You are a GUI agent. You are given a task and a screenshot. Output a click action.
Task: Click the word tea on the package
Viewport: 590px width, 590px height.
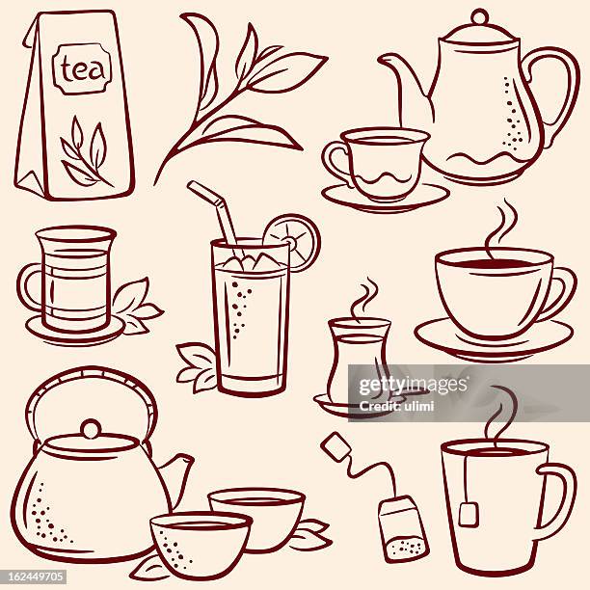click(81, 68)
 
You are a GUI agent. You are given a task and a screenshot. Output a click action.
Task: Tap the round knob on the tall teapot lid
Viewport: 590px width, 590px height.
click(479, 16)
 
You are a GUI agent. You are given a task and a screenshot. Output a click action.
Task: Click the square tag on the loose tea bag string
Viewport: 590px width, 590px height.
click(335, 445)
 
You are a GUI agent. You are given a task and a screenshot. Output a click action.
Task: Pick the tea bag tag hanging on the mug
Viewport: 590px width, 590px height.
click(468, 513)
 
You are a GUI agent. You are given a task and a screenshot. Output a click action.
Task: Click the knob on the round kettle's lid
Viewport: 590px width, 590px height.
click(91, 428)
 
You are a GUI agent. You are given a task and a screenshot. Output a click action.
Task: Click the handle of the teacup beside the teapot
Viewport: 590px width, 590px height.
click(335, 161)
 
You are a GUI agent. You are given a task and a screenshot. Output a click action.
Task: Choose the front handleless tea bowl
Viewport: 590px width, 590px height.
click(200, 543)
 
